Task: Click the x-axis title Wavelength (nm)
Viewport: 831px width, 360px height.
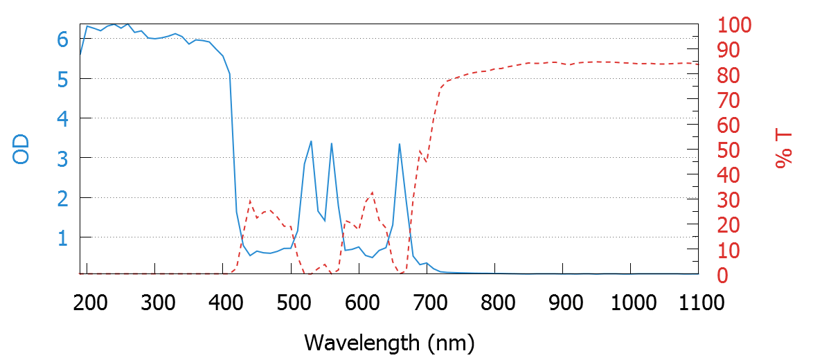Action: click(388, 341)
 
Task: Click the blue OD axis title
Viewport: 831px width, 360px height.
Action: click(21, 150)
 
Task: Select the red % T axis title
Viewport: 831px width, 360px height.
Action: click(784, 150)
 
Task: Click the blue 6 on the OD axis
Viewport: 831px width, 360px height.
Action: click(63, 39)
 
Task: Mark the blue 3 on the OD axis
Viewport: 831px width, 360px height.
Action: click(63, 158)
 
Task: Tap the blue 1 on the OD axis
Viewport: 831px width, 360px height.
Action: click(63, 237)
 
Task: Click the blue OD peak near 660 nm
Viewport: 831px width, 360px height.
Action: click(400, 144)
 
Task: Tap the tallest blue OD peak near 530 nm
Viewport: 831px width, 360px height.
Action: click(311, 141)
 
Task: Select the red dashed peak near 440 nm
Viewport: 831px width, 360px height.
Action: click(249, 200)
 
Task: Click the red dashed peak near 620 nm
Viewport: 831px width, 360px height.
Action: click(373, 192)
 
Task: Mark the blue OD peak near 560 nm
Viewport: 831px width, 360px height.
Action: click(332, 143)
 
